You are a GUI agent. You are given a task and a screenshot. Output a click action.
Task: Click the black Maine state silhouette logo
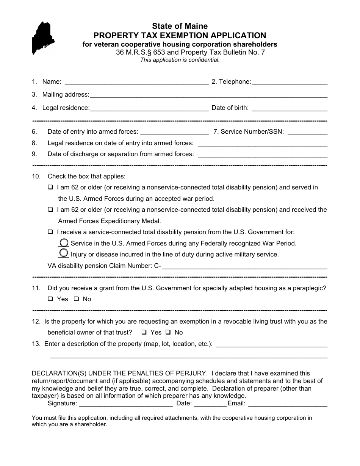(42, 37)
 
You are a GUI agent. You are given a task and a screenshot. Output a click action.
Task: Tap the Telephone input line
(290, 82)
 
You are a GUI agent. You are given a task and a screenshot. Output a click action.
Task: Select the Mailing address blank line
(208, 95)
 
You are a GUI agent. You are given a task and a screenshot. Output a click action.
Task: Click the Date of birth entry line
(290, 108)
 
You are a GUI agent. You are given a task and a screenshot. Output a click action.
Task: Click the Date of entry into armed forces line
(174, 133)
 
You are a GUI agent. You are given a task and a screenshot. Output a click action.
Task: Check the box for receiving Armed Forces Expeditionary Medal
(50, 210)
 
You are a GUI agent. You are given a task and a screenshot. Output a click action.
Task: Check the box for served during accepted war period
(50, 187)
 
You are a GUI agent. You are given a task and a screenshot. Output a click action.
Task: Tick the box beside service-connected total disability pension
(50, 232)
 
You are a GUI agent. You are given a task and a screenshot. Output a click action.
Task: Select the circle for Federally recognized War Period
(64, 243)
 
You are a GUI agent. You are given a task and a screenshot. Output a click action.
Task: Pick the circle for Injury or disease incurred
(64, 253)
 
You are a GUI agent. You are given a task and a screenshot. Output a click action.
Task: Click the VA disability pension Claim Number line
(244, 267)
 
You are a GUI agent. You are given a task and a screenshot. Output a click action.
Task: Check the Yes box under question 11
(50, 299)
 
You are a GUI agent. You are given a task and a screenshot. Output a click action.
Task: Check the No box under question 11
(76, 299)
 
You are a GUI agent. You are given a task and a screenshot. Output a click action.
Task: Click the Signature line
(125, 404)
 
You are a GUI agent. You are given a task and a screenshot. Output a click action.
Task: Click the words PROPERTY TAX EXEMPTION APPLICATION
(180, 36)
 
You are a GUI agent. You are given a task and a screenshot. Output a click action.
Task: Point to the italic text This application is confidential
(180, 60)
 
